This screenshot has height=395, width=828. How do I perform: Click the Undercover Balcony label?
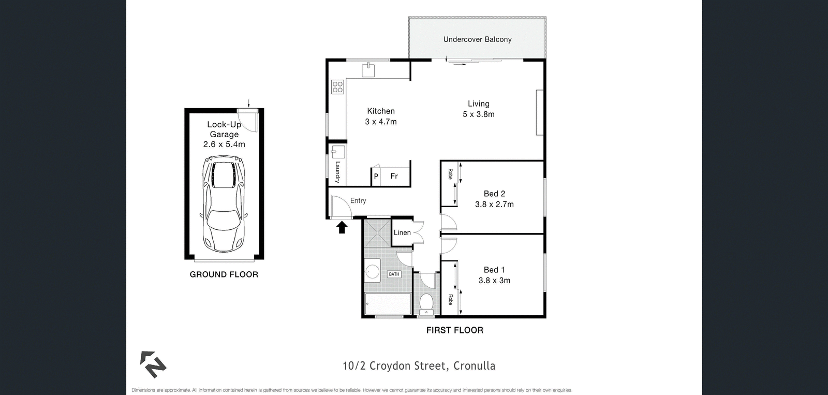coord(477,39)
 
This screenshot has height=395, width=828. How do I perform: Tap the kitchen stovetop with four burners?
coord(337,87)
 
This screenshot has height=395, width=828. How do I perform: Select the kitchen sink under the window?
coord(368,70)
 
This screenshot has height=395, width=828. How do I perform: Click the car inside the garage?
coord(224,204)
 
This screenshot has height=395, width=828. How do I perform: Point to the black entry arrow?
coord(342,227)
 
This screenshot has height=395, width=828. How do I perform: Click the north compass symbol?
coord(153,364)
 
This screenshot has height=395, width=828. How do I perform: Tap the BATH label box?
coord(394,274)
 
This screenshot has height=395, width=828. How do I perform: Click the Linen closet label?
coord(402,232)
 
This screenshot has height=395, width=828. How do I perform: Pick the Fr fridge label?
coord(394,176)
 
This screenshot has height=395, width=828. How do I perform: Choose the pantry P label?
coord(376,177)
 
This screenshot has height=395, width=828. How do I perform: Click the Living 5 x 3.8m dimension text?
coord(479,114)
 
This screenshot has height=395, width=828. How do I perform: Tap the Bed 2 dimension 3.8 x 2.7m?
coord(494,204)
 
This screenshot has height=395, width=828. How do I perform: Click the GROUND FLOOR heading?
coord(224,274)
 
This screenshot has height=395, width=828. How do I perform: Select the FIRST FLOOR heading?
coord(455,330)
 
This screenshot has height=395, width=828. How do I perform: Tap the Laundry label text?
coord(337,172)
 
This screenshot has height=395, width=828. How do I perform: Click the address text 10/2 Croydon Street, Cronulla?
coord(419,366)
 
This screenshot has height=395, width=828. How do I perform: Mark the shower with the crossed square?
coord(377,233)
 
